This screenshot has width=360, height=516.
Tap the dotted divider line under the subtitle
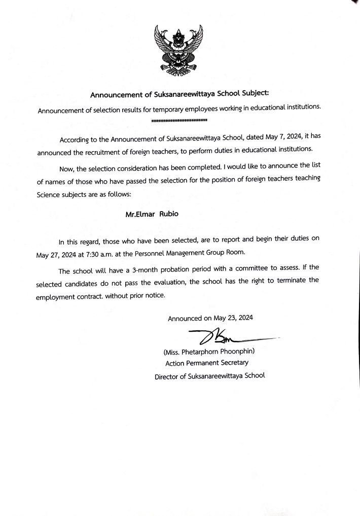[x=179, y=120]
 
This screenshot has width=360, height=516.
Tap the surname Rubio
[x=167, y=214]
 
